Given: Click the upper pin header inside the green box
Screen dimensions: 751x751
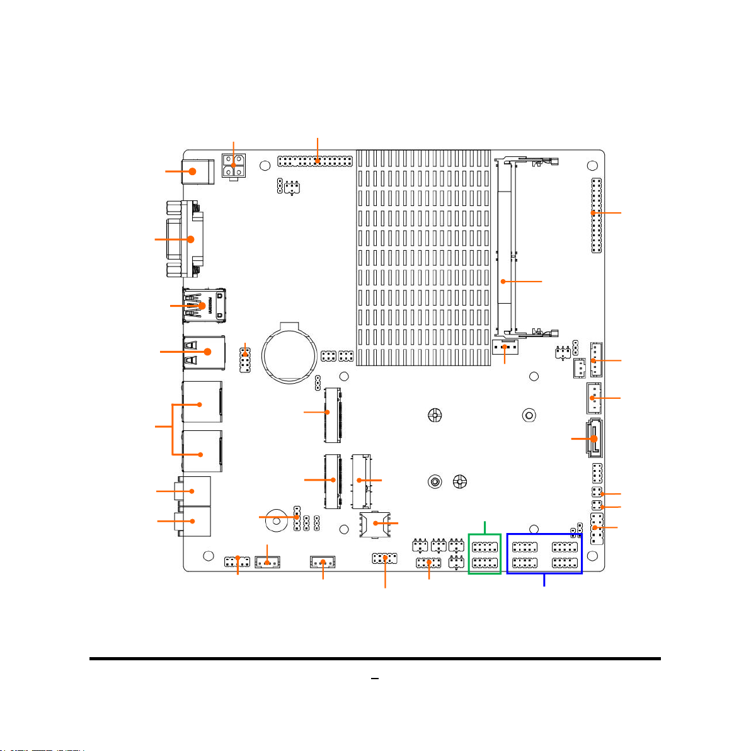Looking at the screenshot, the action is [485, 546].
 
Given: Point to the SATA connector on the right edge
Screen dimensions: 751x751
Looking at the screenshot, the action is [593, 439].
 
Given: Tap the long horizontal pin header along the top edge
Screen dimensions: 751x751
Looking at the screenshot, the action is [315, 162].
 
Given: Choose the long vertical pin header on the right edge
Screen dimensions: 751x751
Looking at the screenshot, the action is [596, 215].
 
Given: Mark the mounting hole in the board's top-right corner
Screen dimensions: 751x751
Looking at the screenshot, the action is [591, 165].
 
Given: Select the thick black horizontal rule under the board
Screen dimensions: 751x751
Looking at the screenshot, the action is [375, 659].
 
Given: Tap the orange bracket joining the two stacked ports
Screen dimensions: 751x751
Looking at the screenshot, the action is [173, 428].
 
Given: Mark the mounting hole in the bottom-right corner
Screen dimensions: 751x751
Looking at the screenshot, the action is [591, 556].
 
